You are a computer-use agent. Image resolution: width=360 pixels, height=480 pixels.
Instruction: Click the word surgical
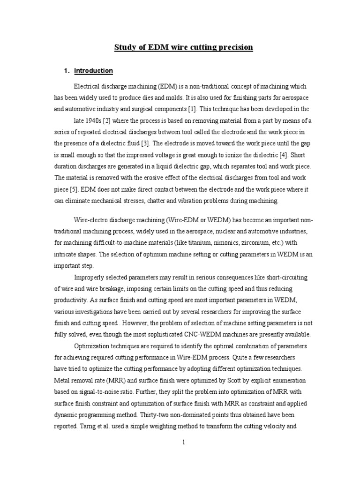pos(148,109)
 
